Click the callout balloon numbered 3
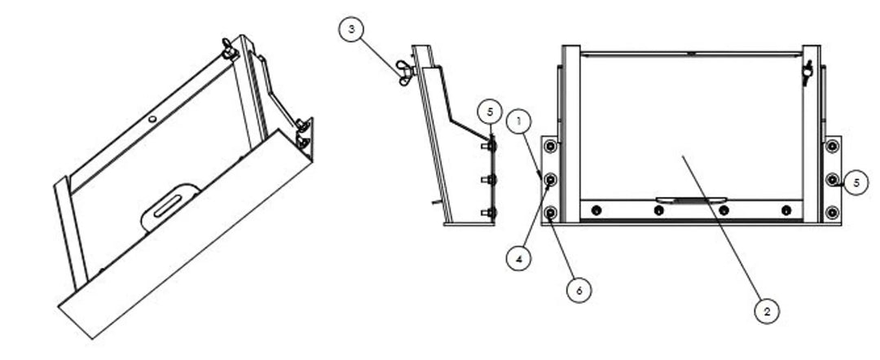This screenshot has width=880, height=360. coord(352,29)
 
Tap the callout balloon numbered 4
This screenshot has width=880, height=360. coord(518,258)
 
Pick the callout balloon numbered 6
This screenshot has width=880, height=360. coord(579,289)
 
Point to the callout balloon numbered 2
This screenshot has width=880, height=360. coord(767,310)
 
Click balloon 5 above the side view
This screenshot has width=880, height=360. coord(491,112)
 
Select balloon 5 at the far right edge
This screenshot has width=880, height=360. coord(856,182)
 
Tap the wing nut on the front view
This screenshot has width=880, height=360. coord(807,72)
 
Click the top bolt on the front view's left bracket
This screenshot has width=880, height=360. coord(551,147)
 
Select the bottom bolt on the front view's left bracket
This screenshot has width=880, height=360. coord(551,213)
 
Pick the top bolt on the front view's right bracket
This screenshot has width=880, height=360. coord(832,147)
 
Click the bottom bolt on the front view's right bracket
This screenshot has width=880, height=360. coord(832,213)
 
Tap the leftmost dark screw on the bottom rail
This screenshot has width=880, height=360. coord(596,210)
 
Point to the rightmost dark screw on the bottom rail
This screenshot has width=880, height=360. coord(786,210)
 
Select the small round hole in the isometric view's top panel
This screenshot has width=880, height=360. coord(152,119)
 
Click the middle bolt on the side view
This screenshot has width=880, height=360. coord(490,180)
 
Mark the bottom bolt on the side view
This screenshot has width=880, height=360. coord(490,213)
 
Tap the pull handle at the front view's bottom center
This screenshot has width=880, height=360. coord(691,199)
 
